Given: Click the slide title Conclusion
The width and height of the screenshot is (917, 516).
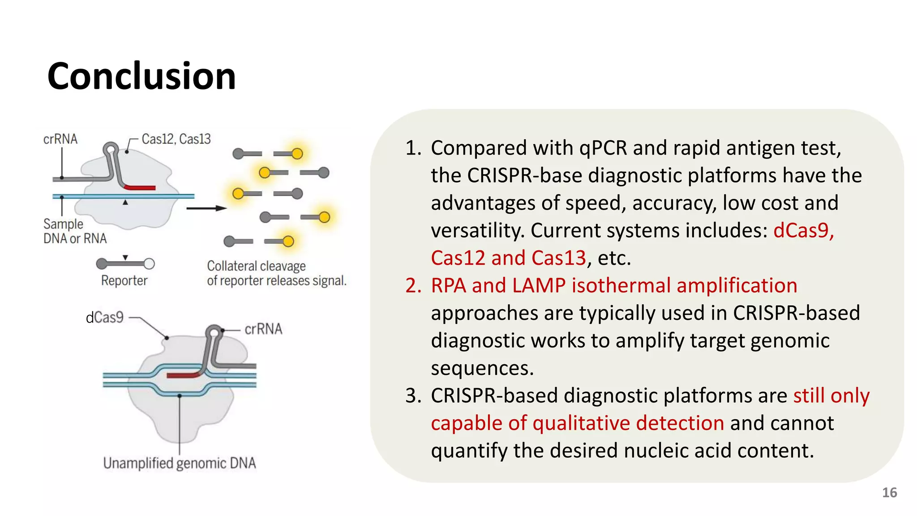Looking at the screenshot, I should [141, 76].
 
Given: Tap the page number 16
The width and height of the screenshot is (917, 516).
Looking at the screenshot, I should [889, 493].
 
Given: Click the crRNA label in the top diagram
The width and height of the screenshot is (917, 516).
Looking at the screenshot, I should [60, 139].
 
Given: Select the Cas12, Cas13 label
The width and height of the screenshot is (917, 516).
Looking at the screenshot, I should [176, 139].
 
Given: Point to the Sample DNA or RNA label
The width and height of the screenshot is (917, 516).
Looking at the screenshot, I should [75, 231].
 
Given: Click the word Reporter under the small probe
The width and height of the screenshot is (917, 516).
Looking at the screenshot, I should [124, 281].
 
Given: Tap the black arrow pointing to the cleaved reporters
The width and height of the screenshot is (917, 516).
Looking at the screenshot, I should [206, 208].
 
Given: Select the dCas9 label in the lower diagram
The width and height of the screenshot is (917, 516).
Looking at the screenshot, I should [104, 318].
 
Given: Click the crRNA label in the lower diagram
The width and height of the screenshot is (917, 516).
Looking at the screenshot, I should [263, 329].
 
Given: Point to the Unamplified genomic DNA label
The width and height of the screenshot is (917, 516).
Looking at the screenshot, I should [180, 463].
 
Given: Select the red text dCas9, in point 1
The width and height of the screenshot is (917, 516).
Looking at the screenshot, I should [803, 231].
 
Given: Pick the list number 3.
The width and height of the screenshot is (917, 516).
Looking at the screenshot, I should [412, 396].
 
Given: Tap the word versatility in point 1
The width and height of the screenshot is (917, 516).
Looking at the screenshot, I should [477, 231].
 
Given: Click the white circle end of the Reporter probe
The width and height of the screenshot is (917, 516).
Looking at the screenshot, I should [150, 264].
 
